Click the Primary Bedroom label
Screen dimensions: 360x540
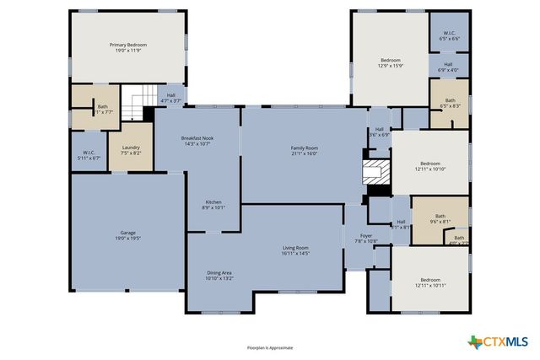point(128,48)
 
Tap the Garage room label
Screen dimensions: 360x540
point(128,236)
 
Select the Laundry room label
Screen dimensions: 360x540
point(131,151)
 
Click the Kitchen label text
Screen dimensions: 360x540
point(213,204)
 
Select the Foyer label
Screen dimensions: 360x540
point(366,239)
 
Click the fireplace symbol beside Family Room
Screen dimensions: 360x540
point(374,172)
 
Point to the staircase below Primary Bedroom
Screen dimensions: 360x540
point(135,105)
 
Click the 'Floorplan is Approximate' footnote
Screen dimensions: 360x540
point(270,347)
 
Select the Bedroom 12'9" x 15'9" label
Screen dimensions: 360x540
point(390,63)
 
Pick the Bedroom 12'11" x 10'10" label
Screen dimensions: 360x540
point(430,167)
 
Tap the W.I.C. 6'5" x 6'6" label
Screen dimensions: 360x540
point(448,36)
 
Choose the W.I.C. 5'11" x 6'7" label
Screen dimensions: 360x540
point(89,156)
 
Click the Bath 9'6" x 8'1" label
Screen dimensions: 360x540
point(440,218)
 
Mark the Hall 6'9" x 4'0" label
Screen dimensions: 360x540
point(448,67)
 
